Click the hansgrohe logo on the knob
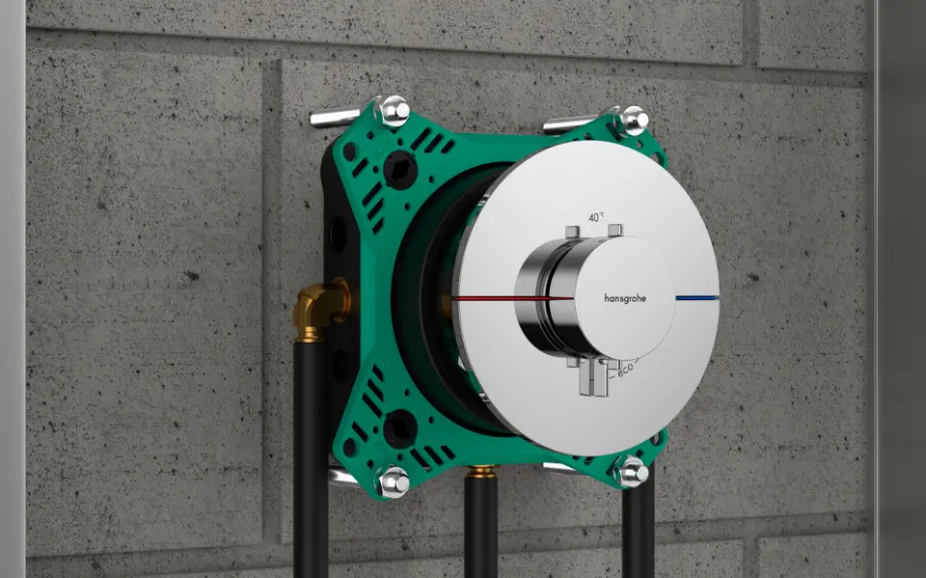coord(625,298)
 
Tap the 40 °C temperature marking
coord(596,217)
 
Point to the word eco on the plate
coord(626,368)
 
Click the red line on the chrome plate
coord(512,298)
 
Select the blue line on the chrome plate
coord(697,298)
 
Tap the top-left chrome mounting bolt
coord(394,110)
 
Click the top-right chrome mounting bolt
coord(633,120)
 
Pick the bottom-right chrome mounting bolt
coord(632,471)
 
